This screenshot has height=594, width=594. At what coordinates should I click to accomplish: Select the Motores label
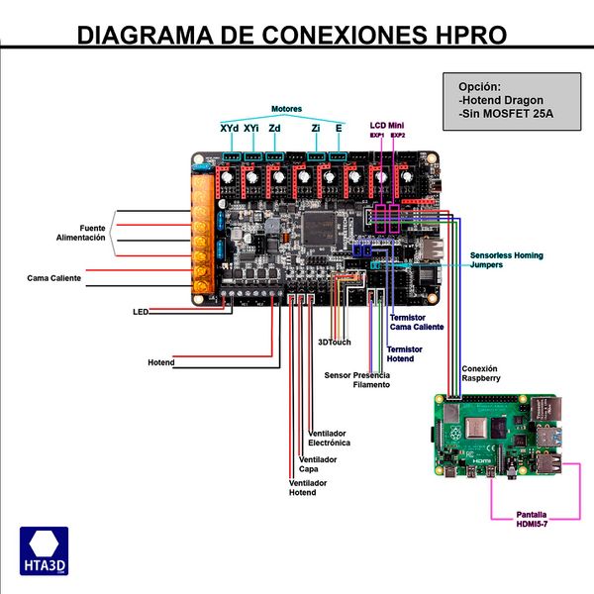(x=286, y=108)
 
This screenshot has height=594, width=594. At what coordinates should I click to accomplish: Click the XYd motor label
(x=229, y=128)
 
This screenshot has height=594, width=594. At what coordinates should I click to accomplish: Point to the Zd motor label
(x=274, y=128)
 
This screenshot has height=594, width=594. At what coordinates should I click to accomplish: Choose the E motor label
(x=340, y=128)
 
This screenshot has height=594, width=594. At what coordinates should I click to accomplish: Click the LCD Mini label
(x=386, y=124)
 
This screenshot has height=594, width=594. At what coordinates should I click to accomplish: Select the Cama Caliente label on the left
(x=54, y=278)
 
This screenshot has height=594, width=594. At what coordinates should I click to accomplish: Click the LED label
(x=140, y=312)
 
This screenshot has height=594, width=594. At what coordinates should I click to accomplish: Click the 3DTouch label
(x=334, y=342)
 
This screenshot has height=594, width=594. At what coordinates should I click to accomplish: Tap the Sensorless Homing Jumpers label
(x=506, y=259)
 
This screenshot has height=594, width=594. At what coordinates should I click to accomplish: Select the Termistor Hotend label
(x=404, y=353)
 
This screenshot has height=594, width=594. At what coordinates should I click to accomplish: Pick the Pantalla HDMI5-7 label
(x=534, y=519)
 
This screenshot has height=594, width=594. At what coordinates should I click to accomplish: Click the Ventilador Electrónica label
(x=329, y=439)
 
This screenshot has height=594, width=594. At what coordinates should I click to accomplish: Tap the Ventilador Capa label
(x=318, y=463)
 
